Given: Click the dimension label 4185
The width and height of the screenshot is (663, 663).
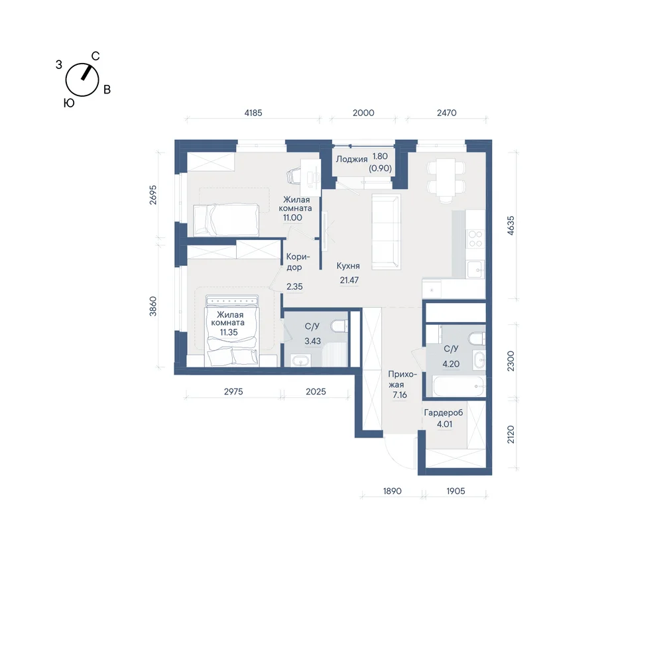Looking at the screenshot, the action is pos(253,113).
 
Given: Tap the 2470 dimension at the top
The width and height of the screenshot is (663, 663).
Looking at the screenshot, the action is pos(446,113).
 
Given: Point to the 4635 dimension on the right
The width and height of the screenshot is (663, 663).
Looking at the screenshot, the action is pos(511,225).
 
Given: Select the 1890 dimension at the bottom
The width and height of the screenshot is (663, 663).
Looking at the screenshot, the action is pos(392,491).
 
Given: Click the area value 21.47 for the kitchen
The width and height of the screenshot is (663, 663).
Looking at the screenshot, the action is pos(349,280).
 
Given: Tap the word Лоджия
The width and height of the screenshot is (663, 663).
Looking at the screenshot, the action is pos(352,159).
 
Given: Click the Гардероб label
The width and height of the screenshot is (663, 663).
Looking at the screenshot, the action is pos(444,412).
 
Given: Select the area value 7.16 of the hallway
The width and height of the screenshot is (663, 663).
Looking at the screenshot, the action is pos(400,395).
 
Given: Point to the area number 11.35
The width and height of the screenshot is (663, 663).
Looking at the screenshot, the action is pos(228,332).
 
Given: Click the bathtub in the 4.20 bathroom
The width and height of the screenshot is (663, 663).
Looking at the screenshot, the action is pos(459,386).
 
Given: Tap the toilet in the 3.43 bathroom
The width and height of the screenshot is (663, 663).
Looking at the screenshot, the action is pos(339,326).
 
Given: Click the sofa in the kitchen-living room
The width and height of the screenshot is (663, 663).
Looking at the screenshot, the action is pos(386,231).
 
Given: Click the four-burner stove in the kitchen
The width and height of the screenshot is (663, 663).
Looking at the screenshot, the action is pos(475,239).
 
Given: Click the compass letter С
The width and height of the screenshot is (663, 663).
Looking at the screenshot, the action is pos(95,56).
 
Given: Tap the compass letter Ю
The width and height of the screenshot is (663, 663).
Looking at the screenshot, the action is pos(69,103).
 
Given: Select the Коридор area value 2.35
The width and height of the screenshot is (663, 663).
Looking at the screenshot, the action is pos(294,286).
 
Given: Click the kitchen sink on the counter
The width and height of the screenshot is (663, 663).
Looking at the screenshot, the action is pos(475,269).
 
